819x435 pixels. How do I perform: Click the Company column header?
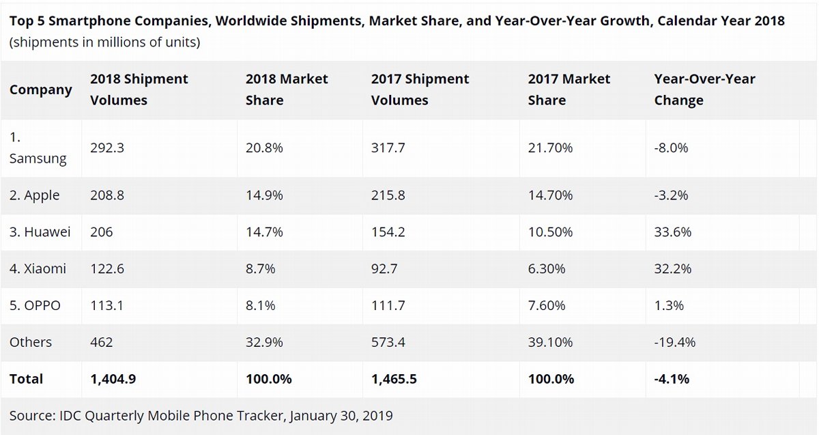(x=40, y=90)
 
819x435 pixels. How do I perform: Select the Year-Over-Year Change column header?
(x=704, y=89)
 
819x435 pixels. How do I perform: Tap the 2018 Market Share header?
(x=287, y=89)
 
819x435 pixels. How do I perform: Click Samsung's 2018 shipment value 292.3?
(x=107, y=148)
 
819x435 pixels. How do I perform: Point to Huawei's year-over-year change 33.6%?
(x=672, y=232)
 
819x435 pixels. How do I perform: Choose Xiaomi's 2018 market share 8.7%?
(x=260, y=269)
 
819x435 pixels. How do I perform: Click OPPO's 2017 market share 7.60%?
(x=547, y=306)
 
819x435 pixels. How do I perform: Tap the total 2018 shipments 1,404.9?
(x=113, y=379)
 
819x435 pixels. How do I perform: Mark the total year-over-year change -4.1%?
(x=671, y=379)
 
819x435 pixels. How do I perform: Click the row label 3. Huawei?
(x=40, y=232)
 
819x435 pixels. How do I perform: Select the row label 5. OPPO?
(x=35, y=306)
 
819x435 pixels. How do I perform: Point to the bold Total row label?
(x=26, y=379)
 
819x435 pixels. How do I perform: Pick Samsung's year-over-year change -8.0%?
(x=671, y=148)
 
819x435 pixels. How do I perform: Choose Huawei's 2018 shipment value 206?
(x=102, y=232)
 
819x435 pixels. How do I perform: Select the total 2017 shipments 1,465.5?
(x=394, y=379)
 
